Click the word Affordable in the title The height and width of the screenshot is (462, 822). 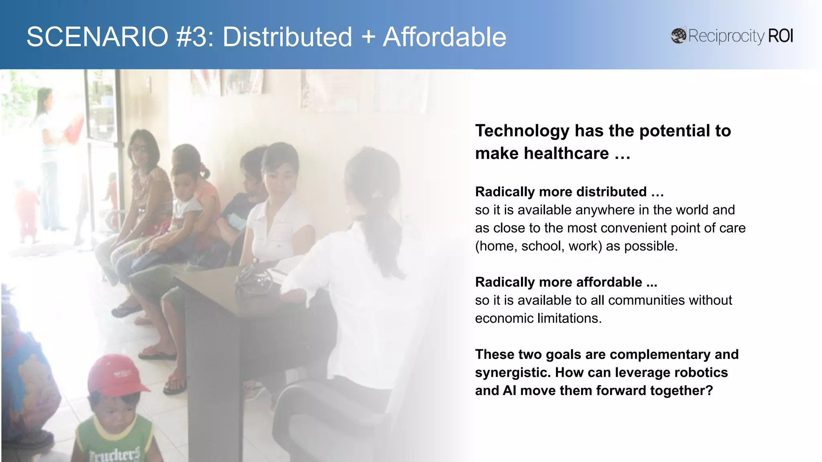(444, 37)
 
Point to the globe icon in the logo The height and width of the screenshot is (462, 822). (678, 36)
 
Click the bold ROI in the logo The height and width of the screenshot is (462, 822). (781, 36)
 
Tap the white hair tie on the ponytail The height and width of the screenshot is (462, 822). (376, 195)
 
